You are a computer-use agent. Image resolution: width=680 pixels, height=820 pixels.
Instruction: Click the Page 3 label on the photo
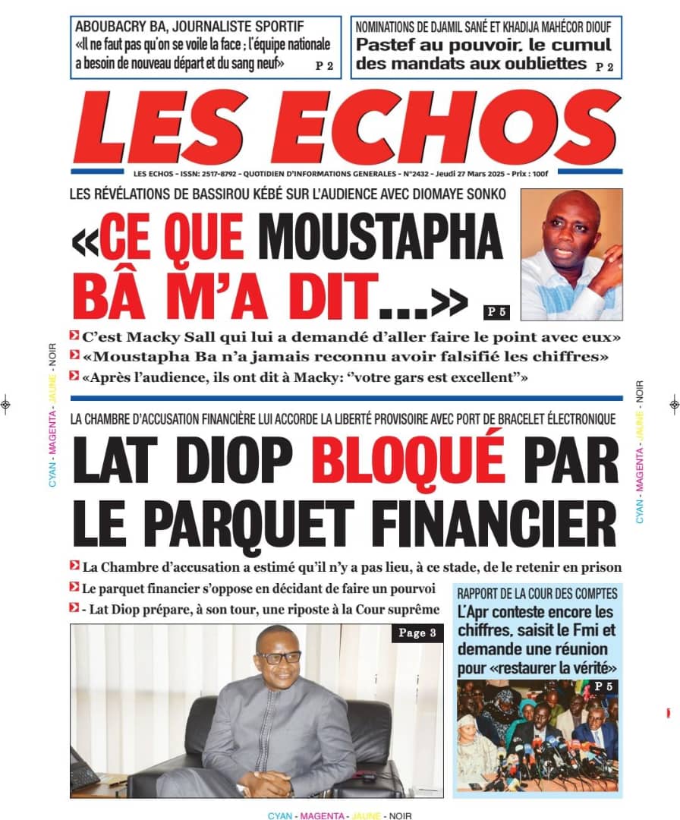coord(417,633)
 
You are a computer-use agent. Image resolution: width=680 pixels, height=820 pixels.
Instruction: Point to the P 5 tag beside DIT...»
coord(495,311)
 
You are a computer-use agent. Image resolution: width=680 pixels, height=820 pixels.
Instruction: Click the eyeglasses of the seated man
coord(279,657)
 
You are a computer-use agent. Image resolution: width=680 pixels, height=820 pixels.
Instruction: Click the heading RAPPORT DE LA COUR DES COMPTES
coord(537,594)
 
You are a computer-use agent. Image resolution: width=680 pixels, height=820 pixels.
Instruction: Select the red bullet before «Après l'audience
coord(73,375)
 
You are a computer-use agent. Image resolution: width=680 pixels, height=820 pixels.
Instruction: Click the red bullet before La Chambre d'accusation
coord(74,566)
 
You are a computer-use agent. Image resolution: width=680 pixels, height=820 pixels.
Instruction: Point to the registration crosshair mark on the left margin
coord(6,404)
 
